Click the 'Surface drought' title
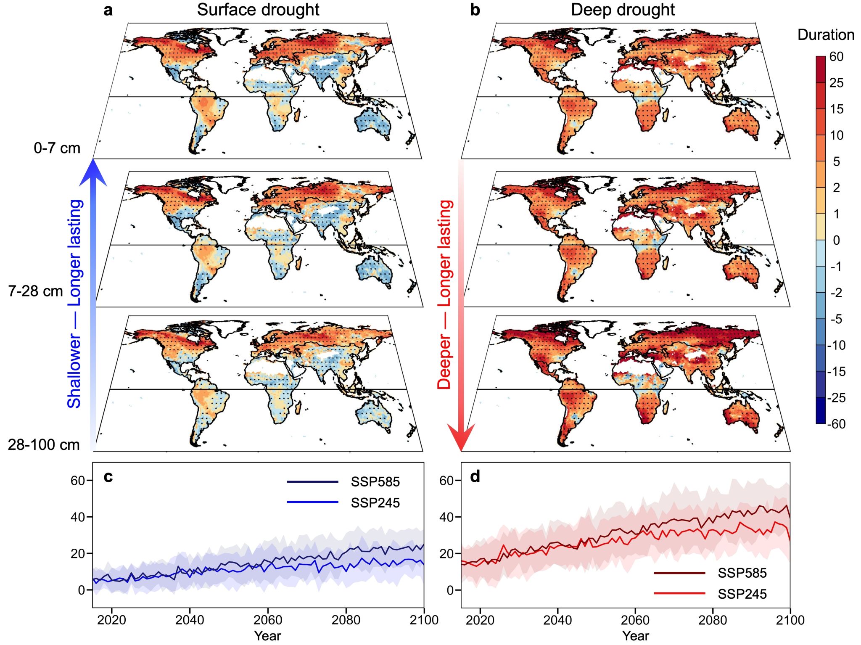258,10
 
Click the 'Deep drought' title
622,10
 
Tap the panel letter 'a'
108,10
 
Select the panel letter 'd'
475,476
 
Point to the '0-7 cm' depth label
57,148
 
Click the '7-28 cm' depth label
35,291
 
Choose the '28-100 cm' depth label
43,444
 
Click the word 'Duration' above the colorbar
826,34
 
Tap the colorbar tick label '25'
836,83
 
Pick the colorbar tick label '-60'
836,424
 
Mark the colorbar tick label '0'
836,240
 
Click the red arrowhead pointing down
461,437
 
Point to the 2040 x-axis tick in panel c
190,620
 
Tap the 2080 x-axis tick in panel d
713,620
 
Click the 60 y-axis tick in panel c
78,480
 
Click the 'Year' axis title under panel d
635,636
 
